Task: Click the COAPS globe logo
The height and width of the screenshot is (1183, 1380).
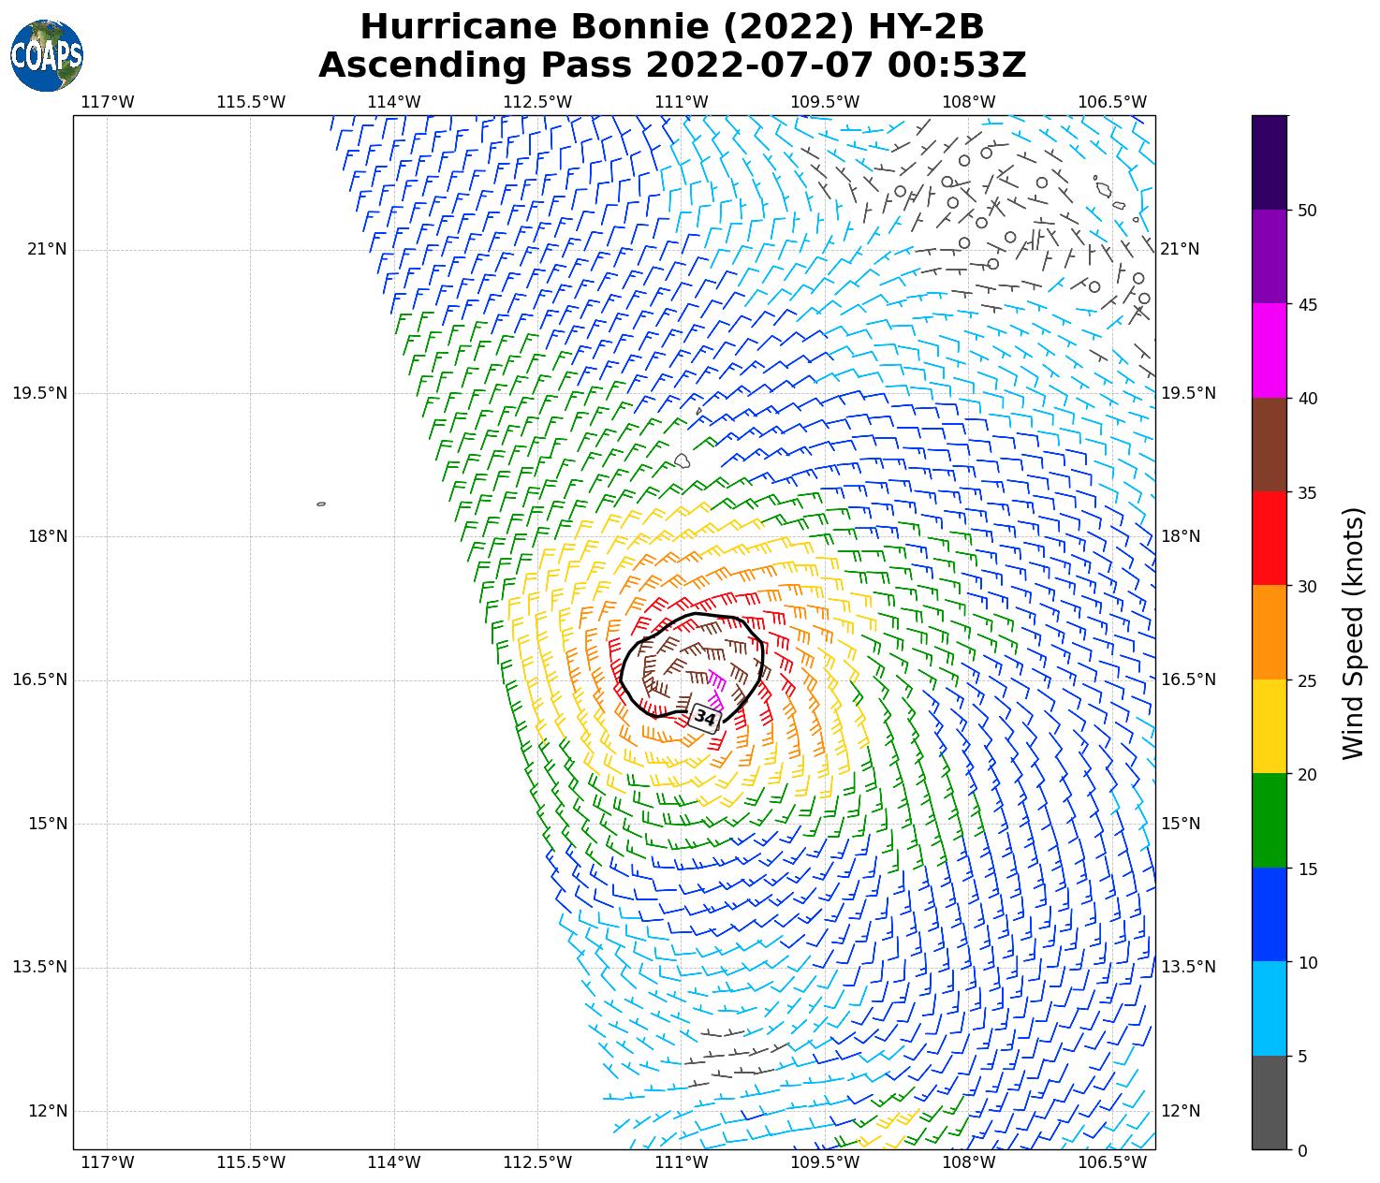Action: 47,55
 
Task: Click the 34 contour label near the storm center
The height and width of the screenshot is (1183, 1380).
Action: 706,718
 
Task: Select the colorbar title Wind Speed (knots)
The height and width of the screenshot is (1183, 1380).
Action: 1353,633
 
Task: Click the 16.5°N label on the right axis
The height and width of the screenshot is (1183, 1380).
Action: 1188,679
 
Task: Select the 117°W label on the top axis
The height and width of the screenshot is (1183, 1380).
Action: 108,101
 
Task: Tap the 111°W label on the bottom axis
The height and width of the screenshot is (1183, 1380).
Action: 681,1162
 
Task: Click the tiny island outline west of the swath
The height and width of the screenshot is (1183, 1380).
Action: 321,504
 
